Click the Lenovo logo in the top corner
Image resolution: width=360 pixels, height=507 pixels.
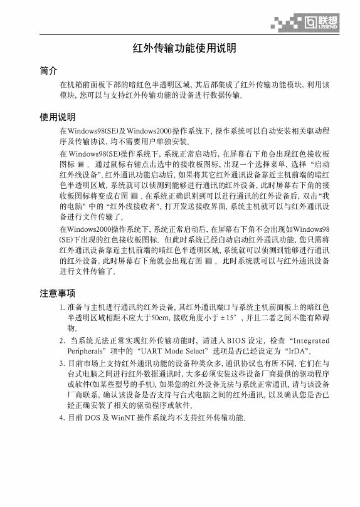tap(321, 23)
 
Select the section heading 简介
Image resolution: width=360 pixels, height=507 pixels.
tap(48, 70)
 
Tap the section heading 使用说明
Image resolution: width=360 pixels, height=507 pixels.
tap(57, 117)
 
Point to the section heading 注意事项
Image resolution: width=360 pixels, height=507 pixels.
tap(57, 293)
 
